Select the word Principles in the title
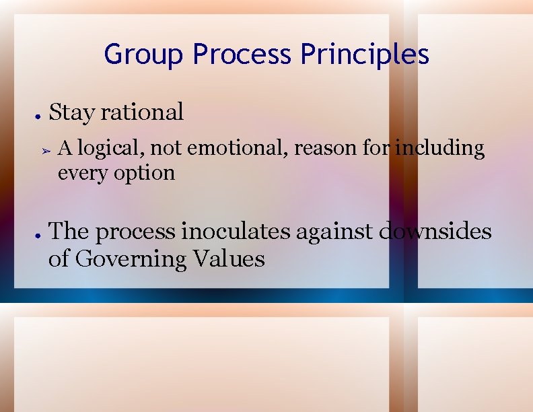click(365, 55)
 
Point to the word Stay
click(71, 112)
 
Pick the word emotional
click(238, 147)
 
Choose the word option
click(144, 173)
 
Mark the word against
click(339, 231)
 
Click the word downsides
click(436, 231)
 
